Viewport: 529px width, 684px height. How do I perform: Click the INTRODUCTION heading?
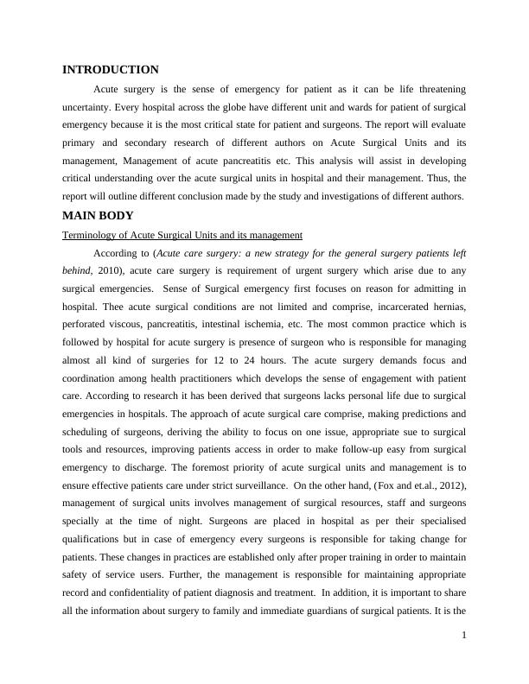pos(110,70)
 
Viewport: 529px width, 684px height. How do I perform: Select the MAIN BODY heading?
pos(98,216)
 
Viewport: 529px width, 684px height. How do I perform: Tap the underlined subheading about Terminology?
pos(182,235)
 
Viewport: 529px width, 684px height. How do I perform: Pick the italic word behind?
pos(77,270)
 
